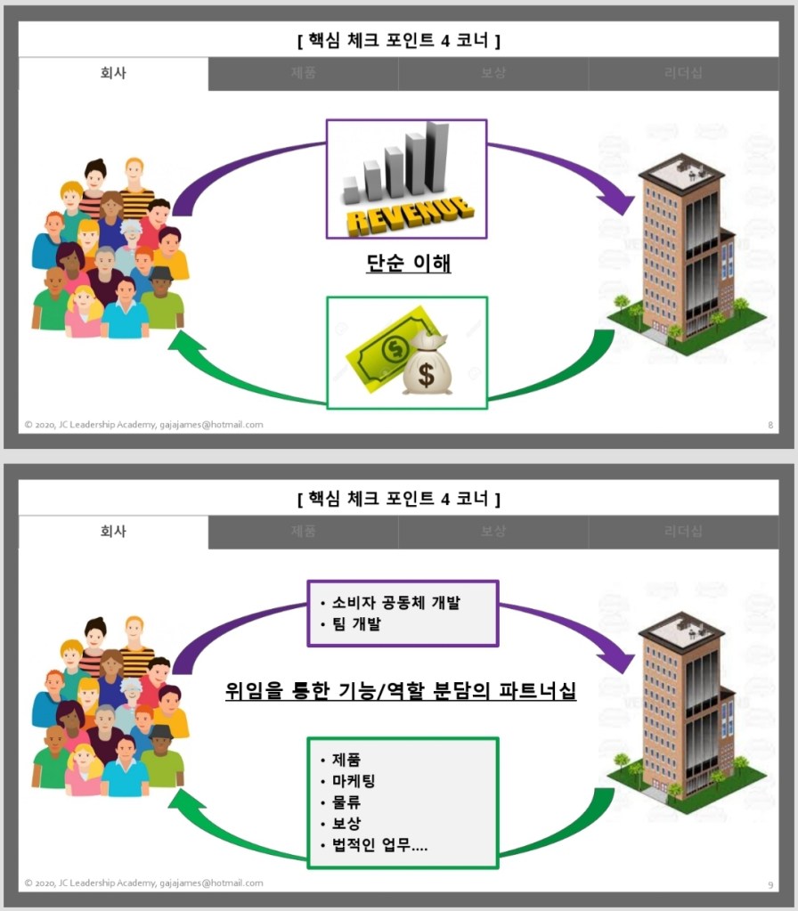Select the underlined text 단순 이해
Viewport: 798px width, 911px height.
408,264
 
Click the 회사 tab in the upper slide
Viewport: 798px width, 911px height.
113,74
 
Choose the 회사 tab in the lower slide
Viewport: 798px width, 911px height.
113,532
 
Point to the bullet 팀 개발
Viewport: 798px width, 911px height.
355,624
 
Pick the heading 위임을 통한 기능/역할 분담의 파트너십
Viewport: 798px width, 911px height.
400,689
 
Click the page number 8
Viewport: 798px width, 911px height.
769,425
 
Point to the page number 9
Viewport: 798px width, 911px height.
769,883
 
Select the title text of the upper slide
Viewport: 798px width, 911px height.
398,40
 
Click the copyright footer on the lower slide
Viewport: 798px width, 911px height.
143,883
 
